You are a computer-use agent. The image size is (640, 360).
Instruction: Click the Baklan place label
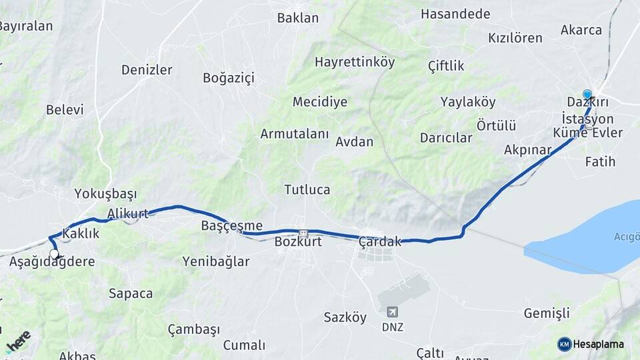pos(298,18)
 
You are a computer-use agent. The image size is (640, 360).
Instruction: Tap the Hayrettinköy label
pos(355,62)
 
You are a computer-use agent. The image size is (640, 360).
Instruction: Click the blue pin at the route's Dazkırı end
pos(587,95)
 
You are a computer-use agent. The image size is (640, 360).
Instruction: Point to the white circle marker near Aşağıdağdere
pos(54,254)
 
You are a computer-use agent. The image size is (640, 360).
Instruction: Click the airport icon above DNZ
pos(392,312)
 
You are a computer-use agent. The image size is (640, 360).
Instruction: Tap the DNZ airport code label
pos(392,327)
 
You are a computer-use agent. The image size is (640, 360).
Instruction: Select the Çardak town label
pos(380,241)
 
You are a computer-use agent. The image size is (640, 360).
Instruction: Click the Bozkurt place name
pos(298,242)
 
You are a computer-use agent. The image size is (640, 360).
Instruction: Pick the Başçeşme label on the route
pos(232,226)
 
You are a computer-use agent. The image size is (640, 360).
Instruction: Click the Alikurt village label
pos(127,214)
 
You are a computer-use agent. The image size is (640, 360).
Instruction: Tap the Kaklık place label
pos(81,233)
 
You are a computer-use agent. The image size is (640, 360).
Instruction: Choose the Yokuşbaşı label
pos(105,194)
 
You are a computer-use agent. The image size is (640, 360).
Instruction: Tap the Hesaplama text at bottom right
pos(599,344)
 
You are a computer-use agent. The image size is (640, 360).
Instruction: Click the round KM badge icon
pos(565,344)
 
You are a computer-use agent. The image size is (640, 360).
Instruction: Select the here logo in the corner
pos(17,340)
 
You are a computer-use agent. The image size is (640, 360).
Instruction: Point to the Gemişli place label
pos(547,313)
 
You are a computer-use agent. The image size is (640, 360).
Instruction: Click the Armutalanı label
pos(295,134)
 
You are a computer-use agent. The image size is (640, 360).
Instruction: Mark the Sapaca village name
pos(131,293)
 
